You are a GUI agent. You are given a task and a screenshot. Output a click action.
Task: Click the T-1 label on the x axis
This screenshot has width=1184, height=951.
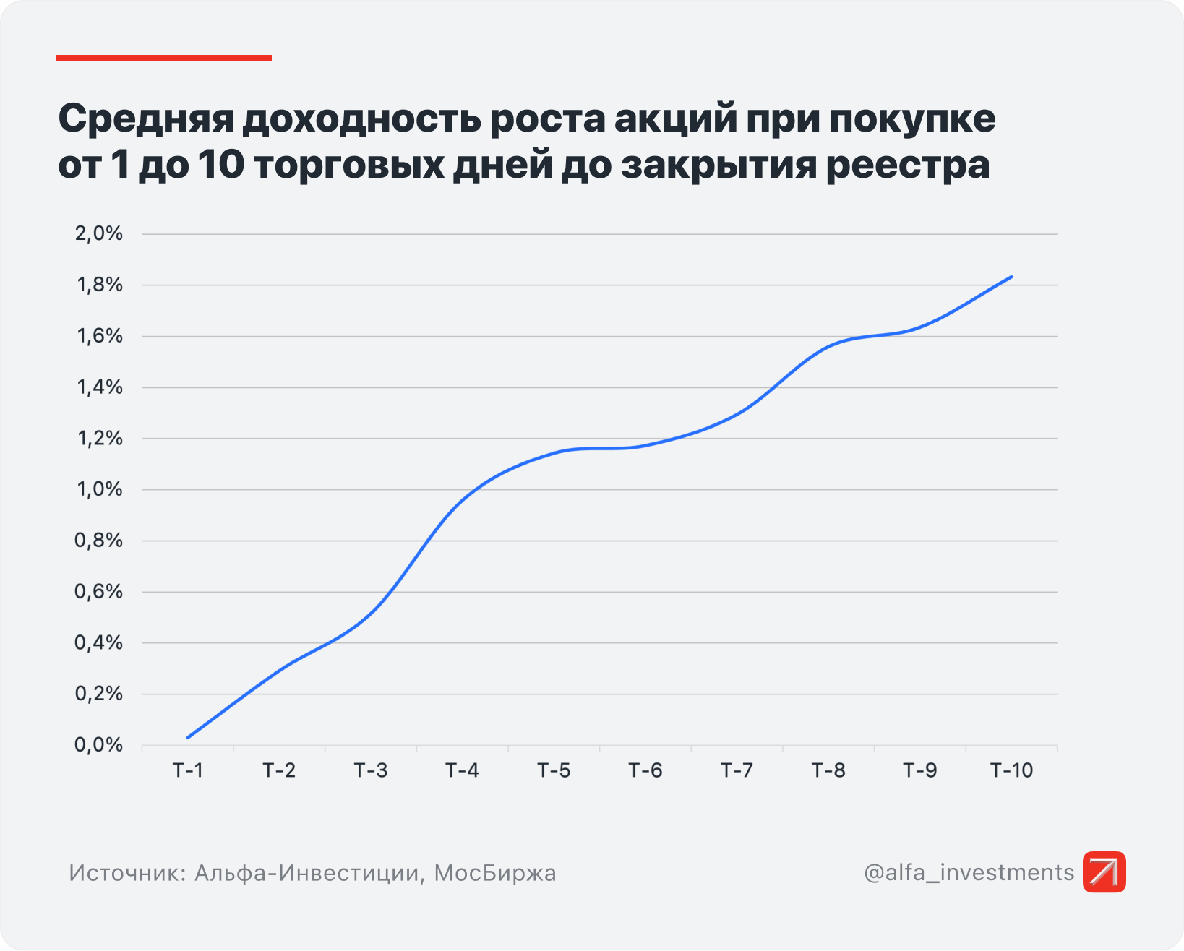(188, 770)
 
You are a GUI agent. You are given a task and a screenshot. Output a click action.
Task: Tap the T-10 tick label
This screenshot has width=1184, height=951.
(1011, 770)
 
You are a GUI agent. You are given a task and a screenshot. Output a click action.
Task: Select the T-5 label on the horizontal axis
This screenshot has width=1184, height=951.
(554, 770)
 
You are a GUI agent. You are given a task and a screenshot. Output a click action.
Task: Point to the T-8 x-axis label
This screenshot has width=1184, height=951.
(828, 770)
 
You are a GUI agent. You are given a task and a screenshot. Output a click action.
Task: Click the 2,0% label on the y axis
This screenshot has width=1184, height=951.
(99, 233)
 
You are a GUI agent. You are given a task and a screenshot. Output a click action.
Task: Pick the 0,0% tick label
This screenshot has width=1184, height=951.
(99, 745)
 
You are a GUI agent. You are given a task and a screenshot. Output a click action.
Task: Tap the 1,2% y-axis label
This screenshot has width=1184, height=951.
(99, 438)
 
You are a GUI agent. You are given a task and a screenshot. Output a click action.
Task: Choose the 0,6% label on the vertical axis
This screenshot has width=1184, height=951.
(99, 592)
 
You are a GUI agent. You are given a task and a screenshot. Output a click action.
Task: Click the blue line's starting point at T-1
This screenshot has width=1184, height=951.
(188, 737)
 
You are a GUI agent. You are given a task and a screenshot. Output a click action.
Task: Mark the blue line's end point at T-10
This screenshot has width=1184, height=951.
(1011, 277)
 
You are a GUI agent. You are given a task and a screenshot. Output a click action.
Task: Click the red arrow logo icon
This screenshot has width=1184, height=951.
(1104, 872)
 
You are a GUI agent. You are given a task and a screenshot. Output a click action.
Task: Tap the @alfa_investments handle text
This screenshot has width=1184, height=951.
(969, 873)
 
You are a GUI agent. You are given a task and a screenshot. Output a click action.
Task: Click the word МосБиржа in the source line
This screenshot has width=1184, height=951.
(495, 873)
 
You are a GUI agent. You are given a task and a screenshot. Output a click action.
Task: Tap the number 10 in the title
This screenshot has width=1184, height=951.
(220, 165)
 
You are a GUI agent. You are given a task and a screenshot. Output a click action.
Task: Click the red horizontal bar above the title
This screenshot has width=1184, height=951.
(164, 58)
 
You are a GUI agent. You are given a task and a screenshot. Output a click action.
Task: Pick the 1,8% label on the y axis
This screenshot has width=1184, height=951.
(99, 285)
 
